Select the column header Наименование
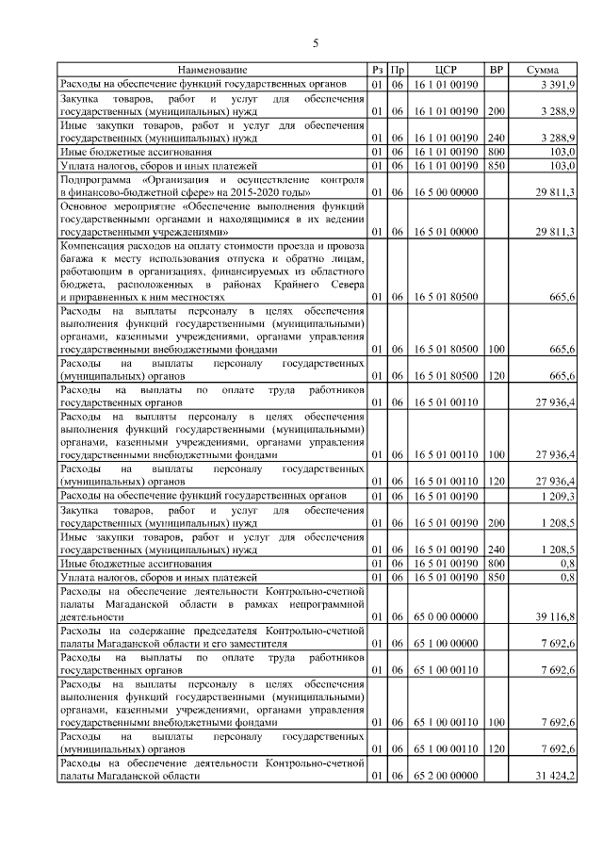pyautogui.click(x=212, y=70)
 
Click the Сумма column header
pyautogui.click(x=542, y=70)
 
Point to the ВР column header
pyautogui.click(x=497, y=70)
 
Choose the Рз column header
pyautogui.click(x=377, y=70)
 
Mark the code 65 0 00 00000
pyautogui.click(x=446, y=615)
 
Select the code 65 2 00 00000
pyautogui.click(x=446, y=775)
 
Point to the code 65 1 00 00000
pyautogui.click(x=446, y=643)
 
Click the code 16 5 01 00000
pyautogui.click(x=446, y=231)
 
